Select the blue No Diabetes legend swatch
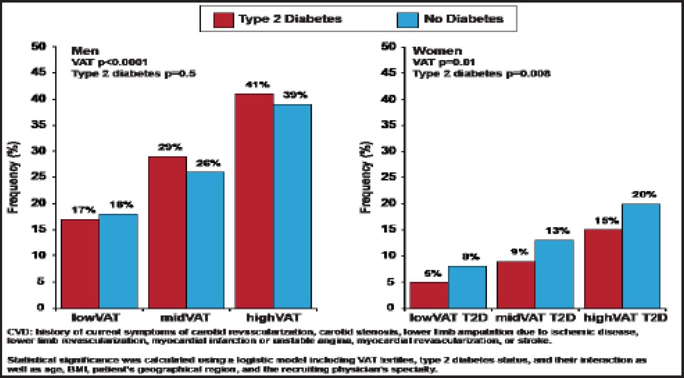[407, 19]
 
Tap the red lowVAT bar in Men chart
[80, 263]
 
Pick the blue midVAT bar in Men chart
[205, 240]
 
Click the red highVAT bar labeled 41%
[254, 200]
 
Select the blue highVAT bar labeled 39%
[292, 206]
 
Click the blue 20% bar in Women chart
[641, 256]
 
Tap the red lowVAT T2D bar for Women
[429, 295]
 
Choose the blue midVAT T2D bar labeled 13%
[554, 274]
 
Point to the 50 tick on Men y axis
[42, 47]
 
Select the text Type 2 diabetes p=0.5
[134, 74]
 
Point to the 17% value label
[79, 210]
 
